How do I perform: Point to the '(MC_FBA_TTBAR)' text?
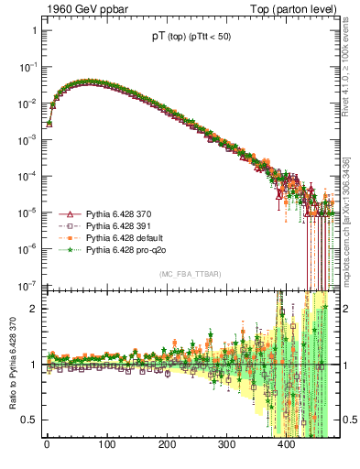(x=189, y=274)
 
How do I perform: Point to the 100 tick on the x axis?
(x=106, y=445)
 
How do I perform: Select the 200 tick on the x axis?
(x=167, y=445)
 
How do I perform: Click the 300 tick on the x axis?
(x=226, y=445)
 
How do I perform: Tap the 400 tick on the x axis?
(x=287, y=445)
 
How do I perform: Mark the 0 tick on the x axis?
(x=47, y=445)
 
